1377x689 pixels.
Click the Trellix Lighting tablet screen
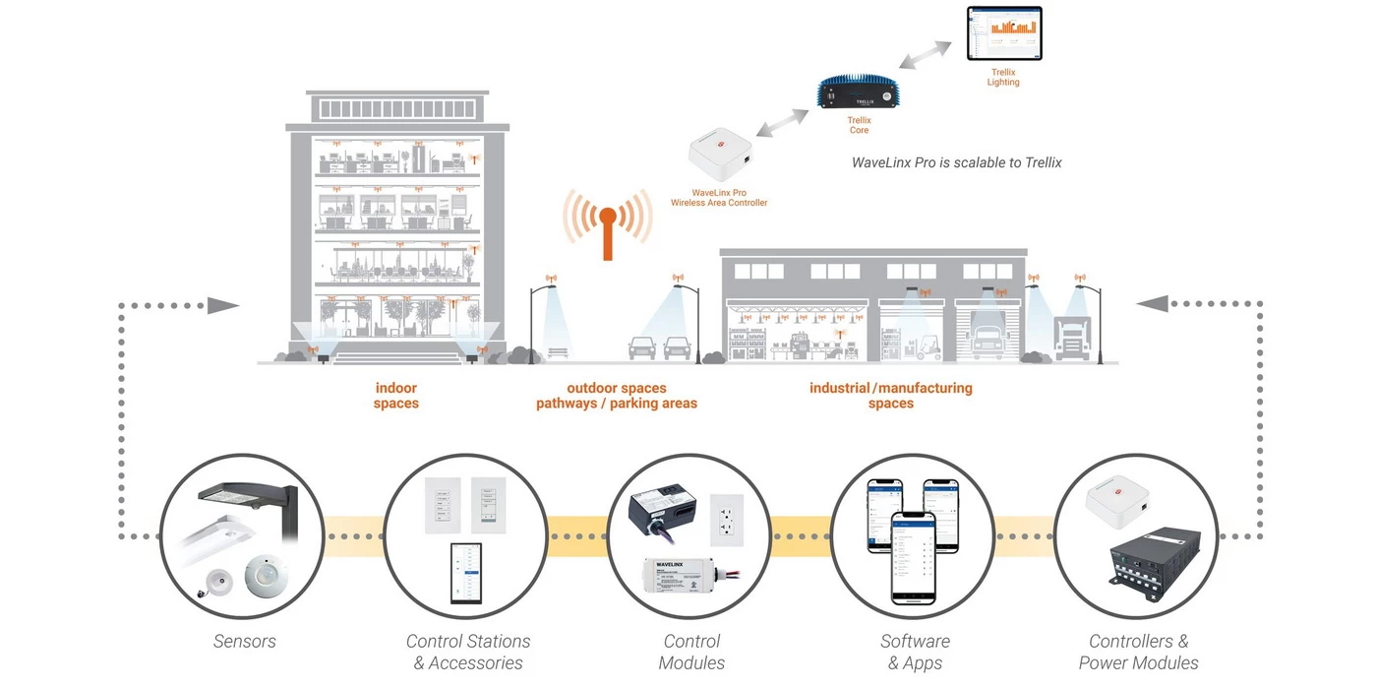pos(1003,34)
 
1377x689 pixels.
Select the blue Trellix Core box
pos(859,94)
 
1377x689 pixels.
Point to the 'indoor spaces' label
pos(395,396)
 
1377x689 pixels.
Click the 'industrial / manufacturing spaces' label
pos(890,396)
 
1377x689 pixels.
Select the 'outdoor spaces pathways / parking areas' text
pos(616,396)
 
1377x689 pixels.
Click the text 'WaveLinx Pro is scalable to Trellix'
pos(956,162)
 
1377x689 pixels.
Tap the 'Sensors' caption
pos(245,642)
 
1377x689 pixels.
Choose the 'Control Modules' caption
pos(691,652)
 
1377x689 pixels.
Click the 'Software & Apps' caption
pos(915,652)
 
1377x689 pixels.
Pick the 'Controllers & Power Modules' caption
pos(1138,652)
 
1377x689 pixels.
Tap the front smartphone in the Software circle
pos(913,557)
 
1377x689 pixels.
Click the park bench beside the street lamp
pos(558,352)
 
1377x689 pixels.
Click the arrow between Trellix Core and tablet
pos(925,55)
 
